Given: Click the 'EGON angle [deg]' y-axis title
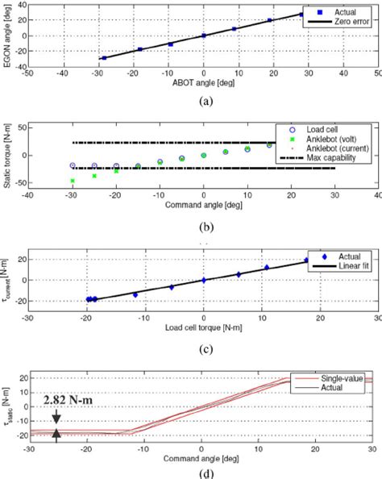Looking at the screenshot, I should click(x=7, y=36).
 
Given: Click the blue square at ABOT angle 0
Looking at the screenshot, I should click(x=204, y=35).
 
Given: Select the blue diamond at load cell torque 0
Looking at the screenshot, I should click(x=204, y=280).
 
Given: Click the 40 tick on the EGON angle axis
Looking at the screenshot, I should click(x=21, y=4).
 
